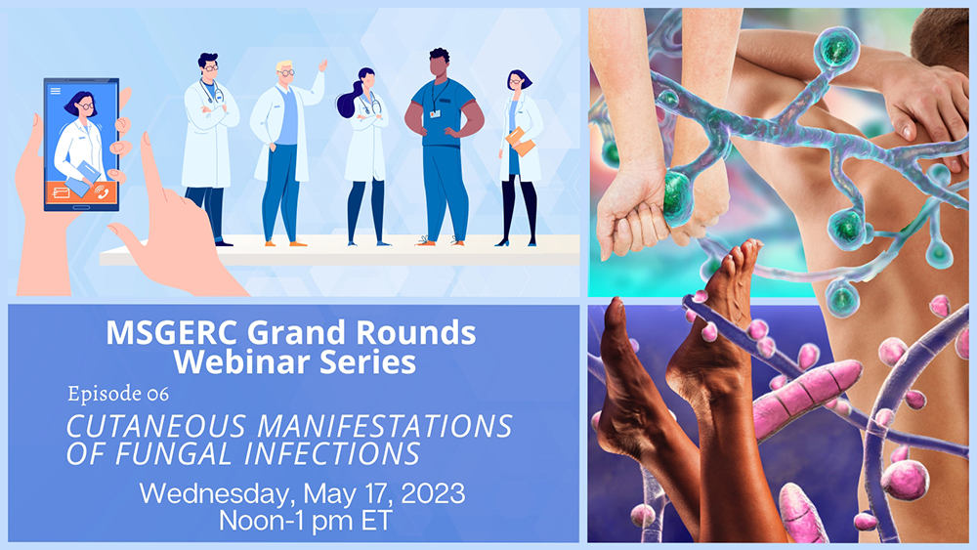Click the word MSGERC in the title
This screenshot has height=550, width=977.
(x=172, y=332)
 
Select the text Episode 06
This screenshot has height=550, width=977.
(x=118, y=394)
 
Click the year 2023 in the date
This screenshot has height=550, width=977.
(x=433, y=494)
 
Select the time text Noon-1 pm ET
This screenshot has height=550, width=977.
(x=305, y=520)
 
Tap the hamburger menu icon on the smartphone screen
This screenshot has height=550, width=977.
(x=56, y=91)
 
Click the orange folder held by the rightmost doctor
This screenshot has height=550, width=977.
(x=521, y=142)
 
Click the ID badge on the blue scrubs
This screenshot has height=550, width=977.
(x=435, y=114)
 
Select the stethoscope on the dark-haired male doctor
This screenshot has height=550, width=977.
(x=210, y=94)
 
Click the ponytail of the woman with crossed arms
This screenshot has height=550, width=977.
(x=346, y=103)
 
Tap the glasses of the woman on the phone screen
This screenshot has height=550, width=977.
(x=86, y=106)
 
